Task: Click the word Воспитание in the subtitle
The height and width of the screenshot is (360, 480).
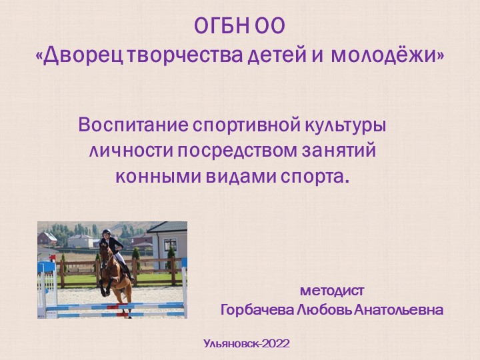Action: click(133, 125)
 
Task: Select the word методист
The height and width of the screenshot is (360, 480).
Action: click(332, 291)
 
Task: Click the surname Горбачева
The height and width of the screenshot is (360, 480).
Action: click(257, 311)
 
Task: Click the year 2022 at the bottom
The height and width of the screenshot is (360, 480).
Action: click(276, 344)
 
